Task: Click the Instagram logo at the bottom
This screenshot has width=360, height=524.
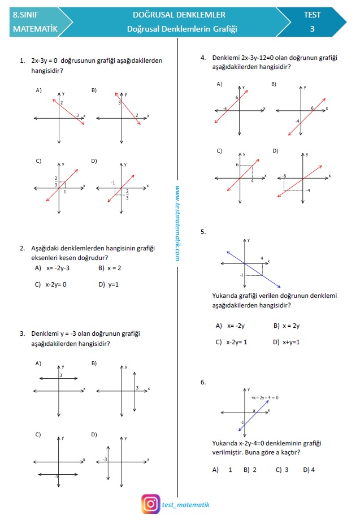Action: click(x=150, y=504)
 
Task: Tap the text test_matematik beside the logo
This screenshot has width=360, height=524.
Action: click(x=185, y=505)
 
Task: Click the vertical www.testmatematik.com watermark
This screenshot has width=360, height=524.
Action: click(x=177, y=224)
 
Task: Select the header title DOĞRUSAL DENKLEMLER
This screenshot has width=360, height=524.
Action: click(x=179, y=15)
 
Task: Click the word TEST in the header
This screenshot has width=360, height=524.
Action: click(x=312, y=15)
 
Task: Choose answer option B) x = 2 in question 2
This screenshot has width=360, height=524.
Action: click(x=110, y=268)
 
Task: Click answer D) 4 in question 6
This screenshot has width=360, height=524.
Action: click(x=309, y=470)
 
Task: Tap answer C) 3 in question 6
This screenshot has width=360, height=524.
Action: click(x=282, y=470)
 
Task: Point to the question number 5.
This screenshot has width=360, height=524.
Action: click(x=203, y=232)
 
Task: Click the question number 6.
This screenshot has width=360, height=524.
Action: click(x=203, y=383)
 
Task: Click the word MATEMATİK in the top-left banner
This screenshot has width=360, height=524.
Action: click(x=35, y=29)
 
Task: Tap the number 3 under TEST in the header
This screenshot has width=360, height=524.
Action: click(x=312, y=29)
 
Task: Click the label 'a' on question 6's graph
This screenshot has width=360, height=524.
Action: click(x=254, y=410)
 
